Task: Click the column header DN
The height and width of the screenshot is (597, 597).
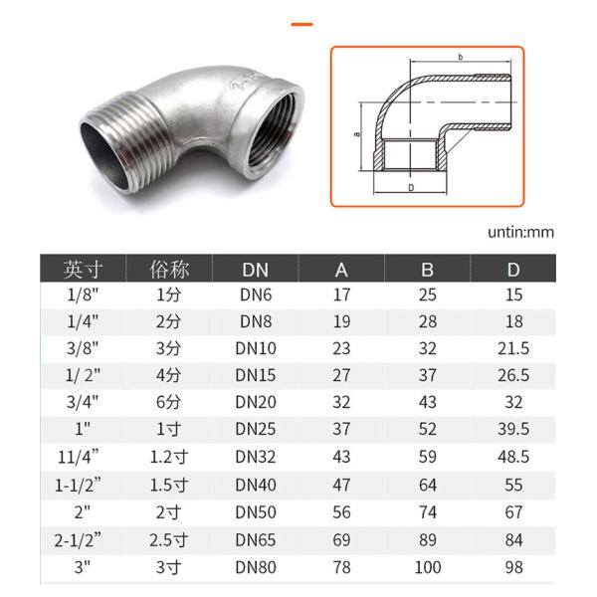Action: click(x=255, y=270)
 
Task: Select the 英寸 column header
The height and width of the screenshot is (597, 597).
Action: click(x=84, y=270)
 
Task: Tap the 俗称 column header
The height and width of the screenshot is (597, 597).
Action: click(x=169, y=270)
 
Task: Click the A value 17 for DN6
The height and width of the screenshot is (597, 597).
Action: click(x=341, y=297)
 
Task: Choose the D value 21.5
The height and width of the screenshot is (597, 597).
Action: click(x=512, y=350)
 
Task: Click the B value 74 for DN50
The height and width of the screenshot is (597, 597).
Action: click(x=428, y=513)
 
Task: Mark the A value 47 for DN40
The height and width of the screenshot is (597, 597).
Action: click(x=341, y=487)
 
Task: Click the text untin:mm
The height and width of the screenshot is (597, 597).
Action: click(x=520, y=232)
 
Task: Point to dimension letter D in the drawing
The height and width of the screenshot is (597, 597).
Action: click(x=410, y=186)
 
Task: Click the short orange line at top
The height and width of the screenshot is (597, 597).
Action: click(x=302, y=23)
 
